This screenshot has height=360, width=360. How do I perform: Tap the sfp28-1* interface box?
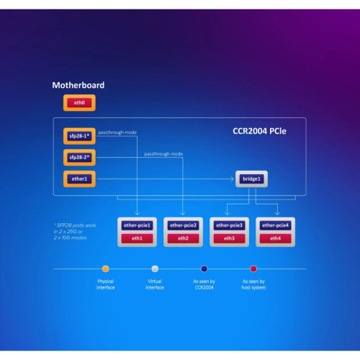tap(78, 136)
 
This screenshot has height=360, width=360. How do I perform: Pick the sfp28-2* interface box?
tap(78, 156)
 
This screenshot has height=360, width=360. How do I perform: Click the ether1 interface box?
tap(78, 177)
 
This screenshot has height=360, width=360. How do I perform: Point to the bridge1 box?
tap(251, 177)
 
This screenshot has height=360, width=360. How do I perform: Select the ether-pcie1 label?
tap(137, 225)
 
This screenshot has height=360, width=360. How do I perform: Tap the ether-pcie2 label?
tap(183, 225)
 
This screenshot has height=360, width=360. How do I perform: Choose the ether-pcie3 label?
tap(229, 225)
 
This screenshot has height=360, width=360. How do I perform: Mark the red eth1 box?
tap(137, 238)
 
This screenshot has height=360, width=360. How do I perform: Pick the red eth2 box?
tap(183, 238)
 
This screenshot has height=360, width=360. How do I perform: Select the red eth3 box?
tap(229, 238)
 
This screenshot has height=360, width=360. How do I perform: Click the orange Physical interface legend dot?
tap(106, 269)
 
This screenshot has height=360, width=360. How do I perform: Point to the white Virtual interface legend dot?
tap(155, 269)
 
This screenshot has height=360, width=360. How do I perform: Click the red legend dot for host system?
tap(253, 269)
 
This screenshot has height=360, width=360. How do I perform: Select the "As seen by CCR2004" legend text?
tap(204, 284)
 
